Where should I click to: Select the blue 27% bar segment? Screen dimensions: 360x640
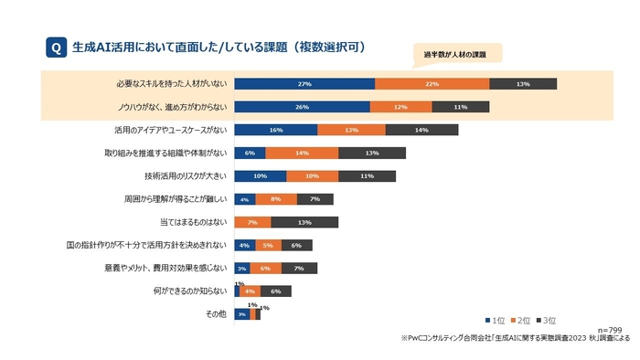click(304, 84)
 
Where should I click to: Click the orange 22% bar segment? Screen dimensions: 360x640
click(432, 84)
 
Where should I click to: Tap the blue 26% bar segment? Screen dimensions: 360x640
click(302, 107)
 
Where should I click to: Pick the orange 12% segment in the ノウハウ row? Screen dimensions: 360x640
click(400, 107)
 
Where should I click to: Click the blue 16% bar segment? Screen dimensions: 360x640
click(276, 130)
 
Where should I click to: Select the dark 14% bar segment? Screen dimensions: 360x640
click(421, 130)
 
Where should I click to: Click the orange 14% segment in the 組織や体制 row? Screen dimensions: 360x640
click(302, 153)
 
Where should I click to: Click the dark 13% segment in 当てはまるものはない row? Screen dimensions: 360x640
click(304, 222)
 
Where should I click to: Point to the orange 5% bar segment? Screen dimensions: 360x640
click(267, 245)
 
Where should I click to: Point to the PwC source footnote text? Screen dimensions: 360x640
click(515, 337)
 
